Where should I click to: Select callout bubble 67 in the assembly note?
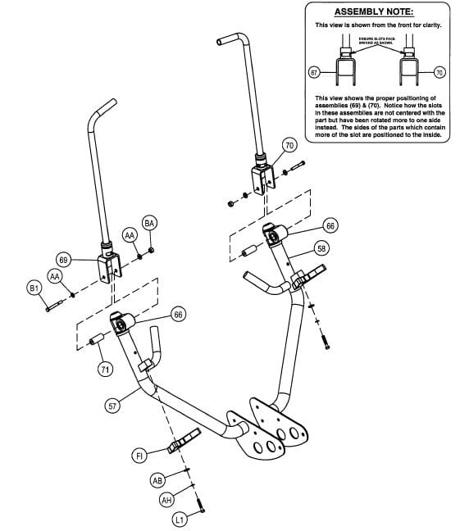click(313, 73)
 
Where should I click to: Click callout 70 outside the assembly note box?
click(289, 145)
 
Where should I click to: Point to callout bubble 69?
click(63, 260)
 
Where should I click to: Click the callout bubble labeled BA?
click(149, 224)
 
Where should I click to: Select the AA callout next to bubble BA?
click(130, 235)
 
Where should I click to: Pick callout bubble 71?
click(105, 370)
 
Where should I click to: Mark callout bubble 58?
click(321, 247)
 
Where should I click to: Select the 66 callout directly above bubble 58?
click(330, 225)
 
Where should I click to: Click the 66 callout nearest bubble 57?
click(179, 314)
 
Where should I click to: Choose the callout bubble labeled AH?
click(166, 499)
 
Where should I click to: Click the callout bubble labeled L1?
click(179, 520)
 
